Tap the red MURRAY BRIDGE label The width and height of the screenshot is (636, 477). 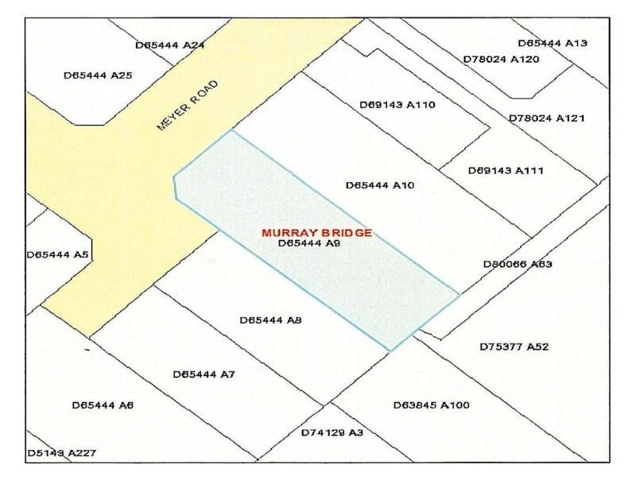pyautogui.click(x=317, y=233)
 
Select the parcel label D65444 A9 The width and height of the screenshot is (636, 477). pyautogui.click(x=310, y=244)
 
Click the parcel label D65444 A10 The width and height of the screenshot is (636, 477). pyautogui.click(x=380, y=185)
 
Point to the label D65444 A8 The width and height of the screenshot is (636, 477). pyautogui.click(x=270, y=320)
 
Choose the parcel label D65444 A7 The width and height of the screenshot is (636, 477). pyautogui.click(x=204, y=374)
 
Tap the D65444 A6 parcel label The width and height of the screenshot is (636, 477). pyautogui.click(x=103, y=405)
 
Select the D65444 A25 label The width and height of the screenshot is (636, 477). pyautogui.click(x=97, y=76)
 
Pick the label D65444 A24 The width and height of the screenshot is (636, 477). pyautogui.click(x=170, y=45)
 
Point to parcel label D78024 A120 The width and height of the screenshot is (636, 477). pyautogui.click(x=501, y=59)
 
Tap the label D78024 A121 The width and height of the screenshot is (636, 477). pyautogui.click(x=546, y=118)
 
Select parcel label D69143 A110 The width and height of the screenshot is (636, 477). pyautogui.click(x=397, y=104)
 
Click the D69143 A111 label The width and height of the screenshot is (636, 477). pyautogui.click(x=506, y=170)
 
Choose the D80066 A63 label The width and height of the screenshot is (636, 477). pyautogui.click(x=518, y=263)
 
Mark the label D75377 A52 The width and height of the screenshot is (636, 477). pyautogui.click(x=514, y=347)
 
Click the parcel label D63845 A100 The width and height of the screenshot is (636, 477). pyautogui.click(x=432, y=405)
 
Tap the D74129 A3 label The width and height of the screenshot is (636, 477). pyautogui.click(x=332, y=432)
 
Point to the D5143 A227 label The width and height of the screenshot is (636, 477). pyautogui.click(x=62, y=453)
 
